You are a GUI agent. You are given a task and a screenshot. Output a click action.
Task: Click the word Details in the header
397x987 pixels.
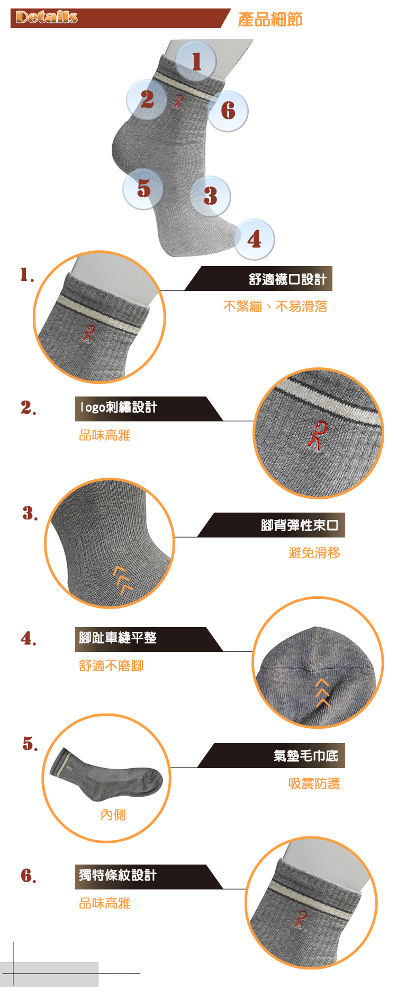(x=47, y=17)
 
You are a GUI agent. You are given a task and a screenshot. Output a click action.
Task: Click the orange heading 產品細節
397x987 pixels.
(x=270, y=20)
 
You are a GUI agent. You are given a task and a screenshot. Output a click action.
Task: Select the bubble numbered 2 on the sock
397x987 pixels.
(x=147, y=100)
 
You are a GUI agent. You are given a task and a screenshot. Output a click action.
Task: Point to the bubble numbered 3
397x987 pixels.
(x=210, y=196)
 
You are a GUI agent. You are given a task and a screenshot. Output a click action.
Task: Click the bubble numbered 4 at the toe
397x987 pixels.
(x=254, y=239)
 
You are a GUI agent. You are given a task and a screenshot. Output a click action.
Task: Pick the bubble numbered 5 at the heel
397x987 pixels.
(x=143, y=189)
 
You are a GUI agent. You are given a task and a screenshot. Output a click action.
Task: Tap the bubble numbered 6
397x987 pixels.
(x=228, y=111)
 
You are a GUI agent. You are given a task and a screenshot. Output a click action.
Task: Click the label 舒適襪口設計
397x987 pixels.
(x=287, y=279)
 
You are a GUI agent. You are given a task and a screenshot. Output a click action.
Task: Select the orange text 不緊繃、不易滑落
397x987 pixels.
(x=275, y=306)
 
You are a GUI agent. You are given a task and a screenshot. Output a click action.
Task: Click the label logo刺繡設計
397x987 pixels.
(x=118, y=407)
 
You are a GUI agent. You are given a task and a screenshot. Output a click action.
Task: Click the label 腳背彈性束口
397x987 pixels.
(x=300, y=525)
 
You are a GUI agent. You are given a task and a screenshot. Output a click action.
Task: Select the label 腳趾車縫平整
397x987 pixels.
(x=118, y=638)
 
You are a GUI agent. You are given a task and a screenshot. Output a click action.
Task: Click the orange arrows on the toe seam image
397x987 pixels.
(x=322, y=692)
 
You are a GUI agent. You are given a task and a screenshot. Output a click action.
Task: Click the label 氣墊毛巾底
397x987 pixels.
(x=306, y=756)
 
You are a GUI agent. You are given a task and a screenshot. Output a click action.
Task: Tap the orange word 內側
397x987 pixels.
(x=113, y=815)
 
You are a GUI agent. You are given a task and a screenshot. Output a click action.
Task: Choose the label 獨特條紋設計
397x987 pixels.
(x=118, y=875)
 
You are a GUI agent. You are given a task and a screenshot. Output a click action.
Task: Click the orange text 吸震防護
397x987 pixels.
(x=314, y=783)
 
